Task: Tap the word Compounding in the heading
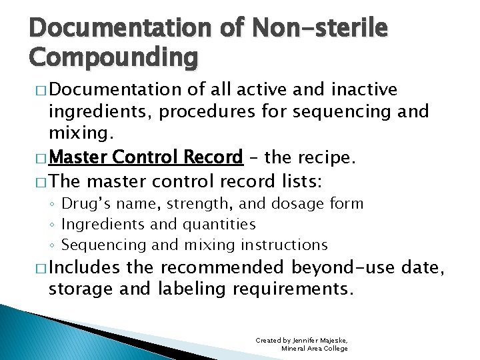(x=113, y=58)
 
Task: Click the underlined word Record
(x=215, y=157)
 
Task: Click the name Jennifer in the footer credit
(x=304, y=340)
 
